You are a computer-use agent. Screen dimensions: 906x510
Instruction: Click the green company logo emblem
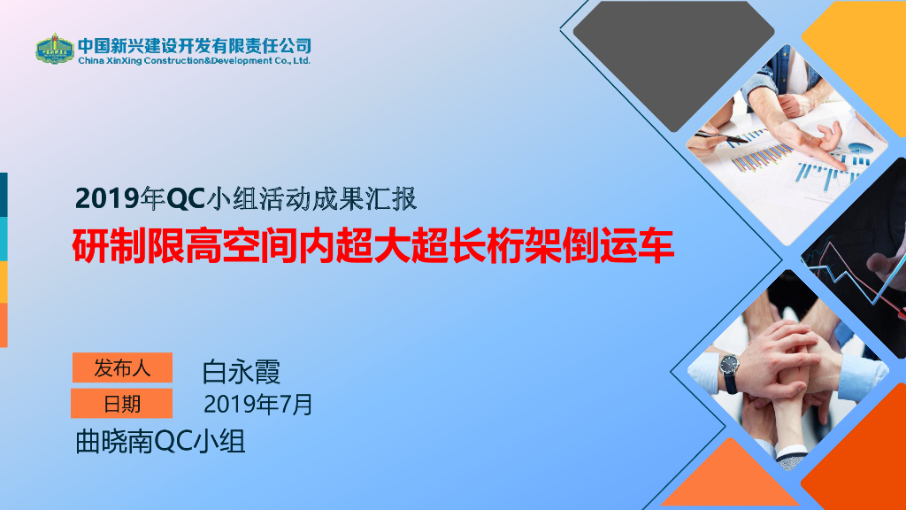click(x=54, y=49)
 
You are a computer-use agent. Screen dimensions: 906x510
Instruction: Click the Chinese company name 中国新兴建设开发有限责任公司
click(x=195, y=46)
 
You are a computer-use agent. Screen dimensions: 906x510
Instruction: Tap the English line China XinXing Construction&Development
click(x=194, y=61)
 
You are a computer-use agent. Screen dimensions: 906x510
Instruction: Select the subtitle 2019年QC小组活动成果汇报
click(x=246, y=199)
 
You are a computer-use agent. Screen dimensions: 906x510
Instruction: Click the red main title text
click(x=373, y=246)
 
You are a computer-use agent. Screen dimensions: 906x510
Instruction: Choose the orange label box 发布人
click(x=122, y=367)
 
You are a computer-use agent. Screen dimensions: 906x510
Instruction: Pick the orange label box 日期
click(x=122, y=404)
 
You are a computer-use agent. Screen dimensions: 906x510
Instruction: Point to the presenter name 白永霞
click(x=242, y=372)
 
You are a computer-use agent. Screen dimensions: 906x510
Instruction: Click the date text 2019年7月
click(x=258, y=404)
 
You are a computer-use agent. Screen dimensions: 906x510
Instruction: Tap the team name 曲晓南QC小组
click(x=161, y=442)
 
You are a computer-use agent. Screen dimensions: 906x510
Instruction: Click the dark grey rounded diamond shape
click(x=673, y=65)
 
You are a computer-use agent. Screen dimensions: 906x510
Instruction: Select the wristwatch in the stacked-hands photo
click(x=730, y=373)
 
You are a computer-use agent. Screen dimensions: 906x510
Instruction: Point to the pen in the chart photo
click(x=721, y=137)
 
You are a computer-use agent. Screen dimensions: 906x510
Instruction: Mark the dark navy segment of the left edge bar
click(x=4, y=195)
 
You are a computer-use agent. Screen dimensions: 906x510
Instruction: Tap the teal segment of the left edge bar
click(x=4, y=239)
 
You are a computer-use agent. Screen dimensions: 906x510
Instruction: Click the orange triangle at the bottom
click(x=730, y=479)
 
